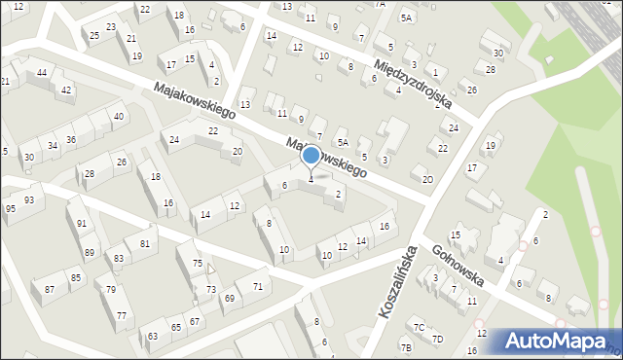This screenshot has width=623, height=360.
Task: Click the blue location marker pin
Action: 311,156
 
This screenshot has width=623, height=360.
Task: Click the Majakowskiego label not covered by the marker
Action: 195,101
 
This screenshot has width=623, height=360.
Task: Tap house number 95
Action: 10,208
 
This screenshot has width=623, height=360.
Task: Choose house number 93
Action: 29,200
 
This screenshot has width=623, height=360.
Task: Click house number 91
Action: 83,224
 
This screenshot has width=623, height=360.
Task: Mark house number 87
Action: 49,290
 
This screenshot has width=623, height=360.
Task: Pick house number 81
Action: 144,243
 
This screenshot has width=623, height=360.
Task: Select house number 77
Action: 121,315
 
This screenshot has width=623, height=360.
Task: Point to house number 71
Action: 257,286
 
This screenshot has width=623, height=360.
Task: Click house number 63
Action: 153,336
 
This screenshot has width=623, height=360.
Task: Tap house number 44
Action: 42,73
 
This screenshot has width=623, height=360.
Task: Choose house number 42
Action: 66,90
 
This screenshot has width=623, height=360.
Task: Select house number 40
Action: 119,117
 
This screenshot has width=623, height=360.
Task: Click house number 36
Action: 71,140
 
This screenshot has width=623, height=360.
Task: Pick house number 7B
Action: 406,347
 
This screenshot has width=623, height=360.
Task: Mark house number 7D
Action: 437,339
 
